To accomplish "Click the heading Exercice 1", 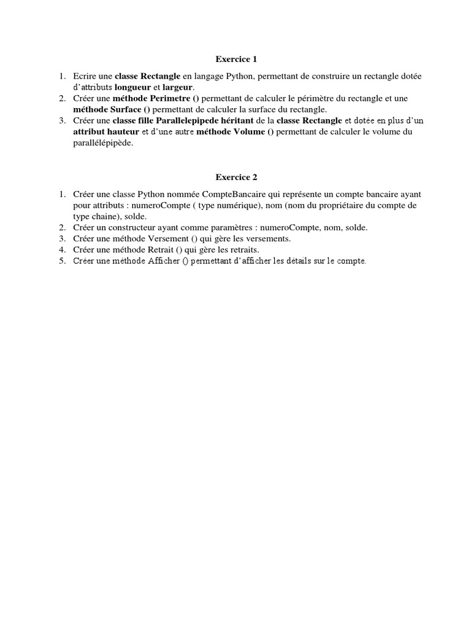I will [x=236, y=60].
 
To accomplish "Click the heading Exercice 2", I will [x=236, y=178].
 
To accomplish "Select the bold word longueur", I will [x=132, y=87].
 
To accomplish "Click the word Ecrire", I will [x=84, y=76].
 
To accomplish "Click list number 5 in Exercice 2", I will [x=62, y=261].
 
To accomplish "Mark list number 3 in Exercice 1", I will [x=62, y=120].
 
